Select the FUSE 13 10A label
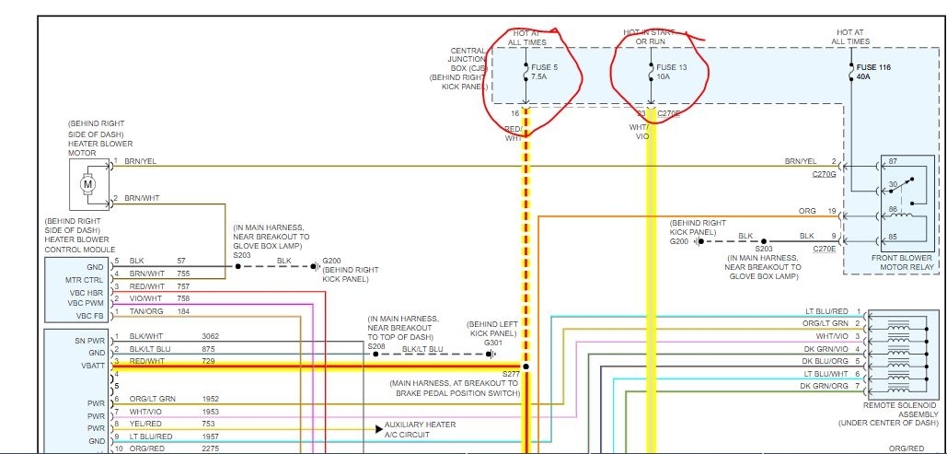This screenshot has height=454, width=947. coord(672,72)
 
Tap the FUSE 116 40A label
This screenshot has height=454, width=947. coord(875,72)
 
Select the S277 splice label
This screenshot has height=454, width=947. coord(511,375)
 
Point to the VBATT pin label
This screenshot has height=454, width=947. coord(93,367)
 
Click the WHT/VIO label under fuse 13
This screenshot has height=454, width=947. coord(640,131)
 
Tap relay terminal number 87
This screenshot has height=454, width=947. coord(892,162)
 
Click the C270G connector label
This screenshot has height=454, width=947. coord(825,173)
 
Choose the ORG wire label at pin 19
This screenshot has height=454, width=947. coord(807,211)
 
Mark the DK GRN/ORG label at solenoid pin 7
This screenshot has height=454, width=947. coord(824,385)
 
